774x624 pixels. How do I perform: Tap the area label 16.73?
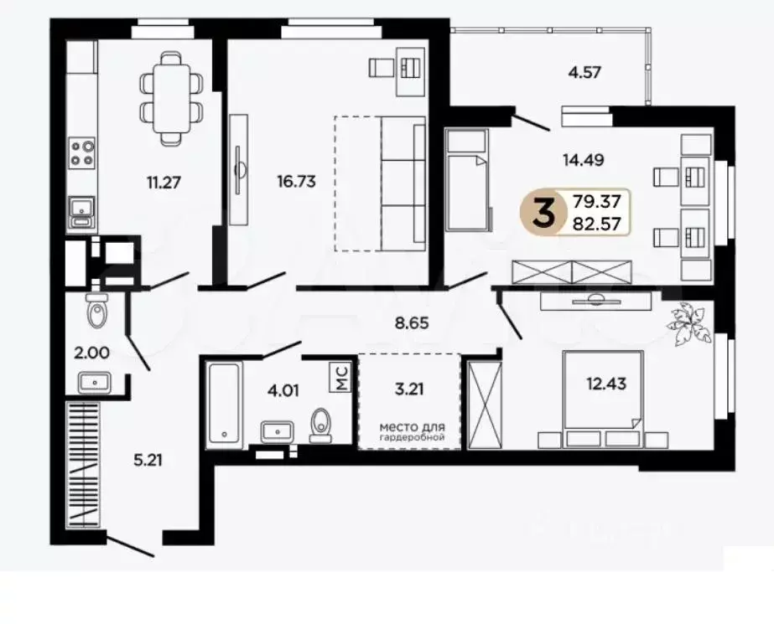[x=297, y=180]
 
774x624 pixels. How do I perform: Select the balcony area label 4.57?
[x=585, y=72]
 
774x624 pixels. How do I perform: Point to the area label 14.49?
[x=584, y=157]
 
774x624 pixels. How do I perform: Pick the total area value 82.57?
[x=597, y=224]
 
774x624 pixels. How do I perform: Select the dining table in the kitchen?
[x=172, y=97]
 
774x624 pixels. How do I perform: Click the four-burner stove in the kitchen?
[x=82, y=152]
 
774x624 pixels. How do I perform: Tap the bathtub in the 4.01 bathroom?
[x=223, y=402]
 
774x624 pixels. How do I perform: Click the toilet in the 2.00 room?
[x=97, y=312]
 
